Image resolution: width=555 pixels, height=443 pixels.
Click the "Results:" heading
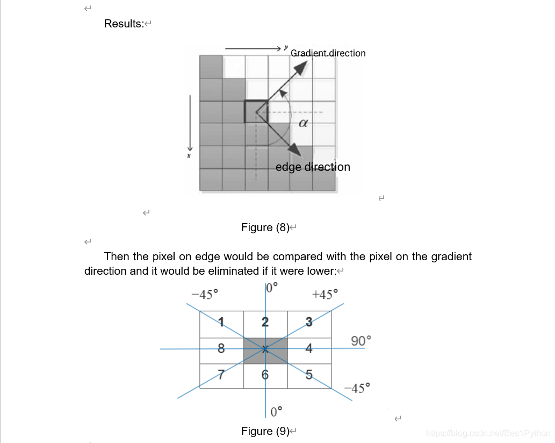(124, 24)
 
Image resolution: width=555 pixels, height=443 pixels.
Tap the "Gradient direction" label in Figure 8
(328, 53)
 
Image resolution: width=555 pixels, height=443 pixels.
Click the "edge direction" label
(313, 167)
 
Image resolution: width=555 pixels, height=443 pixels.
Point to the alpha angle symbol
(302, 123)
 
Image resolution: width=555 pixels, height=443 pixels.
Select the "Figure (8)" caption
(265, 227)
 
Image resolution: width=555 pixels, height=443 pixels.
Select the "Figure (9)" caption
(265, 431)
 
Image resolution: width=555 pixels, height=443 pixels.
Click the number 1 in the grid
(221, 322)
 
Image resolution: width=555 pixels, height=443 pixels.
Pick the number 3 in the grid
(309, 322)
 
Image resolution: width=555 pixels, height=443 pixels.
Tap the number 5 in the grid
(309, 375)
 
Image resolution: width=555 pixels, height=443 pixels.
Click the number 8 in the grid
(221, 348)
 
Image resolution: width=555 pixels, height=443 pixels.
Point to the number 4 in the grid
(309, 348)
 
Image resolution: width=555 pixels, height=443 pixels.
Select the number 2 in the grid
(265, 322)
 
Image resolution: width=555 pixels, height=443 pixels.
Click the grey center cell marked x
(265, 349)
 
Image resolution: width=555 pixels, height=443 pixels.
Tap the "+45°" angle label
(326, 295)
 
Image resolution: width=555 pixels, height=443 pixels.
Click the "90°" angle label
(361, 341)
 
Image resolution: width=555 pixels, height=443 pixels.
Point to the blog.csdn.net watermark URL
(487, 433)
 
